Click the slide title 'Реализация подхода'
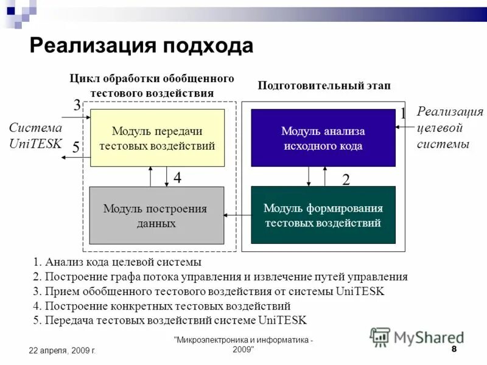tap(141, 46)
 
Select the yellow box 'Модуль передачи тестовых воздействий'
tap(158, 138)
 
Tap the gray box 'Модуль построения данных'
tap(156, 215)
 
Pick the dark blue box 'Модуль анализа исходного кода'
tap(323, 138)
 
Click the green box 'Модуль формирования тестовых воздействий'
tap(323, 215)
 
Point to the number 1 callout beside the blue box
tap(402, 114)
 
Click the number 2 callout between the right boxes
tap(346, 179)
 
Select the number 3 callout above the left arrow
tap(77, 105)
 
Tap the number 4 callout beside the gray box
tap(177, 178)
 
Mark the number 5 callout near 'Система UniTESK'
tap(75, 147)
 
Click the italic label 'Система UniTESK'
tap(35, 136)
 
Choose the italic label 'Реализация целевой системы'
tap(449, 128)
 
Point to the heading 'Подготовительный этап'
tap(324, 86)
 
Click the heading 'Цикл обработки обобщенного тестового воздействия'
tap(152, 86)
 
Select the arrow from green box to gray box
tap(237, 215)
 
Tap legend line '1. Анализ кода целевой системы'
tap(117, 263)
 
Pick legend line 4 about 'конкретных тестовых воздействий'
tap(161, 306)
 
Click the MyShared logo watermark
tap(416, 336)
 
